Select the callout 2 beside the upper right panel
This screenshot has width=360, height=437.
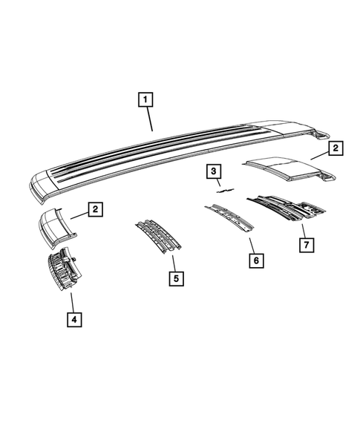tap(335, 149)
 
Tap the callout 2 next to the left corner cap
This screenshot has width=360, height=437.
tap(95, 210)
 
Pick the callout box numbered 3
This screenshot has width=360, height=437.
tap(214, 173)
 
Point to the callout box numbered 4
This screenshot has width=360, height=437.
tap(73, 320)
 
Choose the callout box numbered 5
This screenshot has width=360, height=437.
tap(175, 279)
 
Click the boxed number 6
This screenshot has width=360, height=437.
tap(255, 260)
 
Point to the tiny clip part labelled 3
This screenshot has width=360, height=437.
tap(221, 191)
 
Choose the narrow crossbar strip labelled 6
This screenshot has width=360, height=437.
tap(229, 217)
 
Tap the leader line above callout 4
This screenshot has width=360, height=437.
tap(71, 302)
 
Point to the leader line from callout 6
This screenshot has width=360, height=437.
tap(250, 245)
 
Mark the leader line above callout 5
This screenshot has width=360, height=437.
tap(172, 263)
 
